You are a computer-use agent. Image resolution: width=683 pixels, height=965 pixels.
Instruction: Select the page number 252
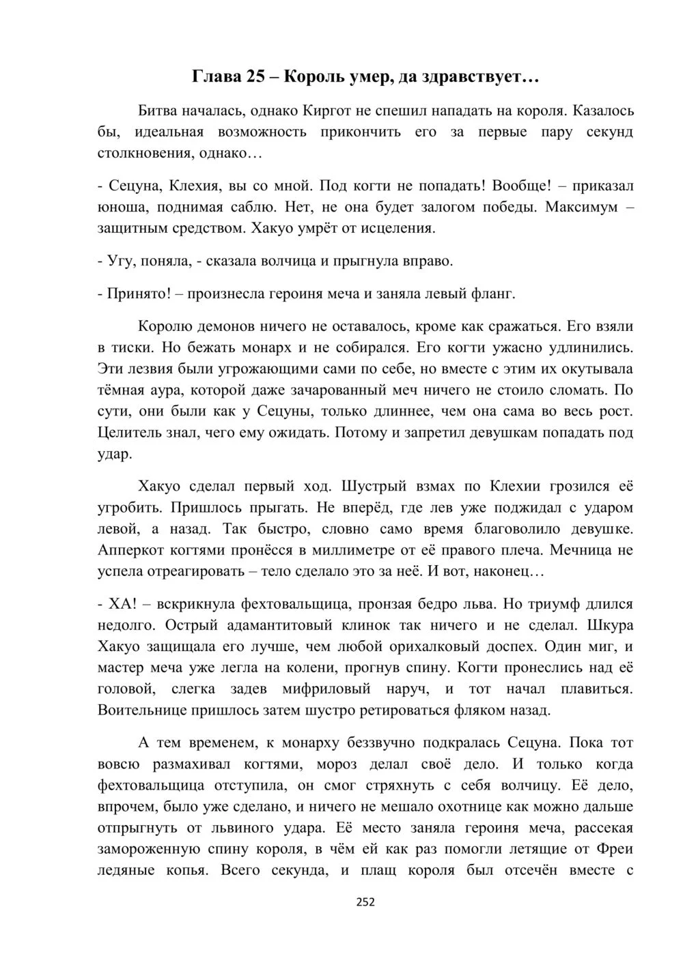(365, 902)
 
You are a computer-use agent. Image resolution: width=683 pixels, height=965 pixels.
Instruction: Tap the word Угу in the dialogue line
(121, 261)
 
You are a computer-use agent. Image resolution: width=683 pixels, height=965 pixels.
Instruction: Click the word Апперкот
(130, 550)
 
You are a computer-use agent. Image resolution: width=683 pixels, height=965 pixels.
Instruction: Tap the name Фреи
(615, 850)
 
